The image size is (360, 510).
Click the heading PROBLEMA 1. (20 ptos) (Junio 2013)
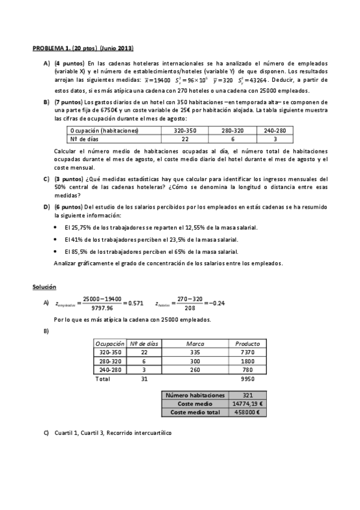click(83, 48)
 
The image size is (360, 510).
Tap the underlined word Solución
click(44, 287)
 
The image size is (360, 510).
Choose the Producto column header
click(248, 343)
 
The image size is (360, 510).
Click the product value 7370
click(248, 352)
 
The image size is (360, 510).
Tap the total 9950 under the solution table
click(248, 379)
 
